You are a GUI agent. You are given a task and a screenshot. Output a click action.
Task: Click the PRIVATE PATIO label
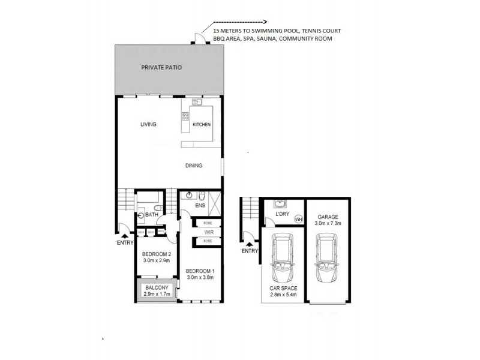tap(161, 68)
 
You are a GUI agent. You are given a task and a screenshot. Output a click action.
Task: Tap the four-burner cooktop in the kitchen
tap(186, 117)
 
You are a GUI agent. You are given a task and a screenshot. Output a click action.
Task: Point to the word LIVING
tap(148, 125)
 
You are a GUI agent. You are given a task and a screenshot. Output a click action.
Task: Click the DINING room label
tap(194, 166)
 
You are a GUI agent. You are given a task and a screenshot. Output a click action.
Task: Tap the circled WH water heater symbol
tap(298, 220)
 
